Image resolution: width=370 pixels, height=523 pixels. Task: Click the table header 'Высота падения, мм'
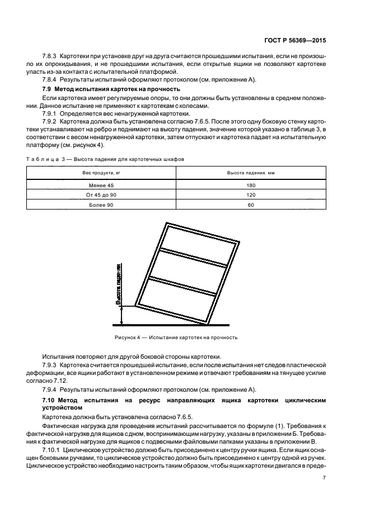point(250,173)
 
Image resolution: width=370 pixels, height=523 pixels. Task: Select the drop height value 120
point(250,194)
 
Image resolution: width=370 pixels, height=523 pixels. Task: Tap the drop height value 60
point(250,205)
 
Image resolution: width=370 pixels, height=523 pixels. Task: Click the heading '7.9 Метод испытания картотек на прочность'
point(111,89)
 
